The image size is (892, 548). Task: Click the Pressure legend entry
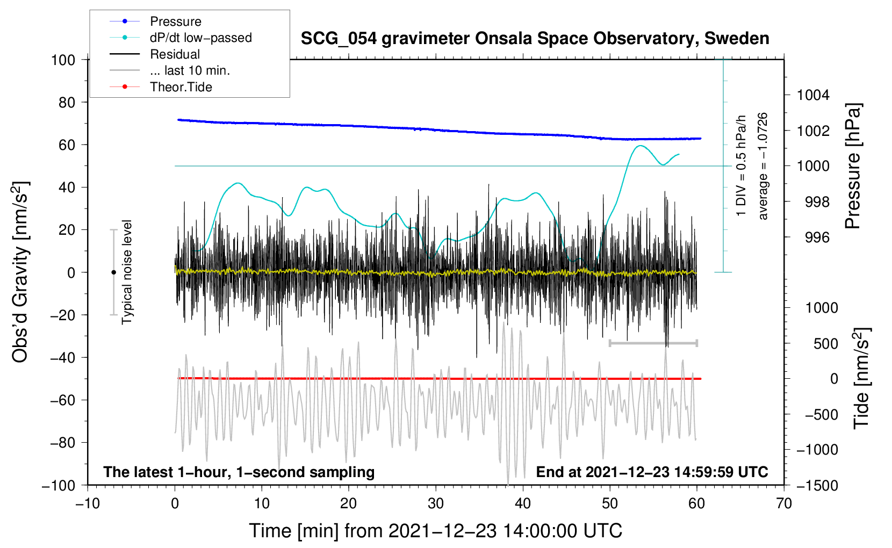tap(175, 21)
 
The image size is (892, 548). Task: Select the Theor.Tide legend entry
tap(181, 87)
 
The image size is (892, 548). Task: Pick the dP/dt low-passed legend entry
tap(200, 38)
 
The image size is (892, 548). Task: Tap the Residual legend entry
tap(175, 54)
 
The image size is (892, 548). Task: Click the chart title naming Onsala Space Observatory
tap(535, 39)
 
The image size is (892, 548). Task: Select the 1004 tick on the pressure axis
tap(813, 95)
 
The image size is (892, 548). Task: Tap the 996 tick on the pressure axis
tap(817, 237)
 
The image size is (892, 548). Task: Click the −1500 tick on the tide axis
tap(817, 485)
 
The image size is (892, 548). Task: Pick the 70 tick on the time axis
tap(784, 503)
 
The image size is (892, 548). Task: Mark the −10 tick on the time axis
tap(88, 503)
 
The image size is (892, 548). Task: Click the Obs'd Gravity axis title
tap(20, 272)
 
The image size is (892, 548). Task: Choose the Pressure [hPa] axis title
tap(853, 166)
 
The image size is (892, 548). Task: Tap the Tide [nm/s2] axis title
tap(861, 378)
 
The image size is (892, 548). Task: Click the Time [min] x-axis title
tap(435, 531)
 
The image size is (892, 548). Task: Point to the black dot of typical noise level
tap(113, 272)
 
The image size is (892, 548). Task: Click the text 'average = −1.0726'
tap(763, 166)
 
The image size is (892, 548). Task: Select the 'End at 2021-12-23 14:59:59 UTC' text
tap(652, 472)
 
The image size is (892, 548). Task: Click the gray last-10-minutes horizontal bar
tap(653, 343)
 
